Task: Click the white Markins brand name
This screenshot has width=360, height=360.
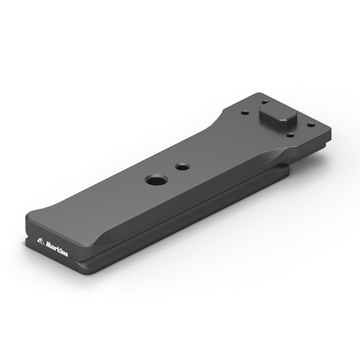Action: [57, 248]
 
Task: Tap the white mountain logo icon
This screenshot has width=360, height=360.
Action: [41, 241]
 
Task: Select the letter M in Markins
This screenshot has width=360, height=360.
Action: [49, 245]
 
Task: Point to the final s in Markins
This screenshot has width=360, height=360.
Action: [67, 254]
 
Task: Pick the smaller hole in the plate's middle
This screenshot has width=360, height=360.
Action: [182, 166]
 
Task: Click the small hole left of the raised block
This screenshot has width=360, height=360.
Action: [245, 113]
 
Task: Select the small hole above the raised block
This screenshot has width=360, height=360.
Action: [266, 102]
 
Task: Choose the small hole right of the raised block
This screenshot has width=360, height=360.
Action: [311, 125]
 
